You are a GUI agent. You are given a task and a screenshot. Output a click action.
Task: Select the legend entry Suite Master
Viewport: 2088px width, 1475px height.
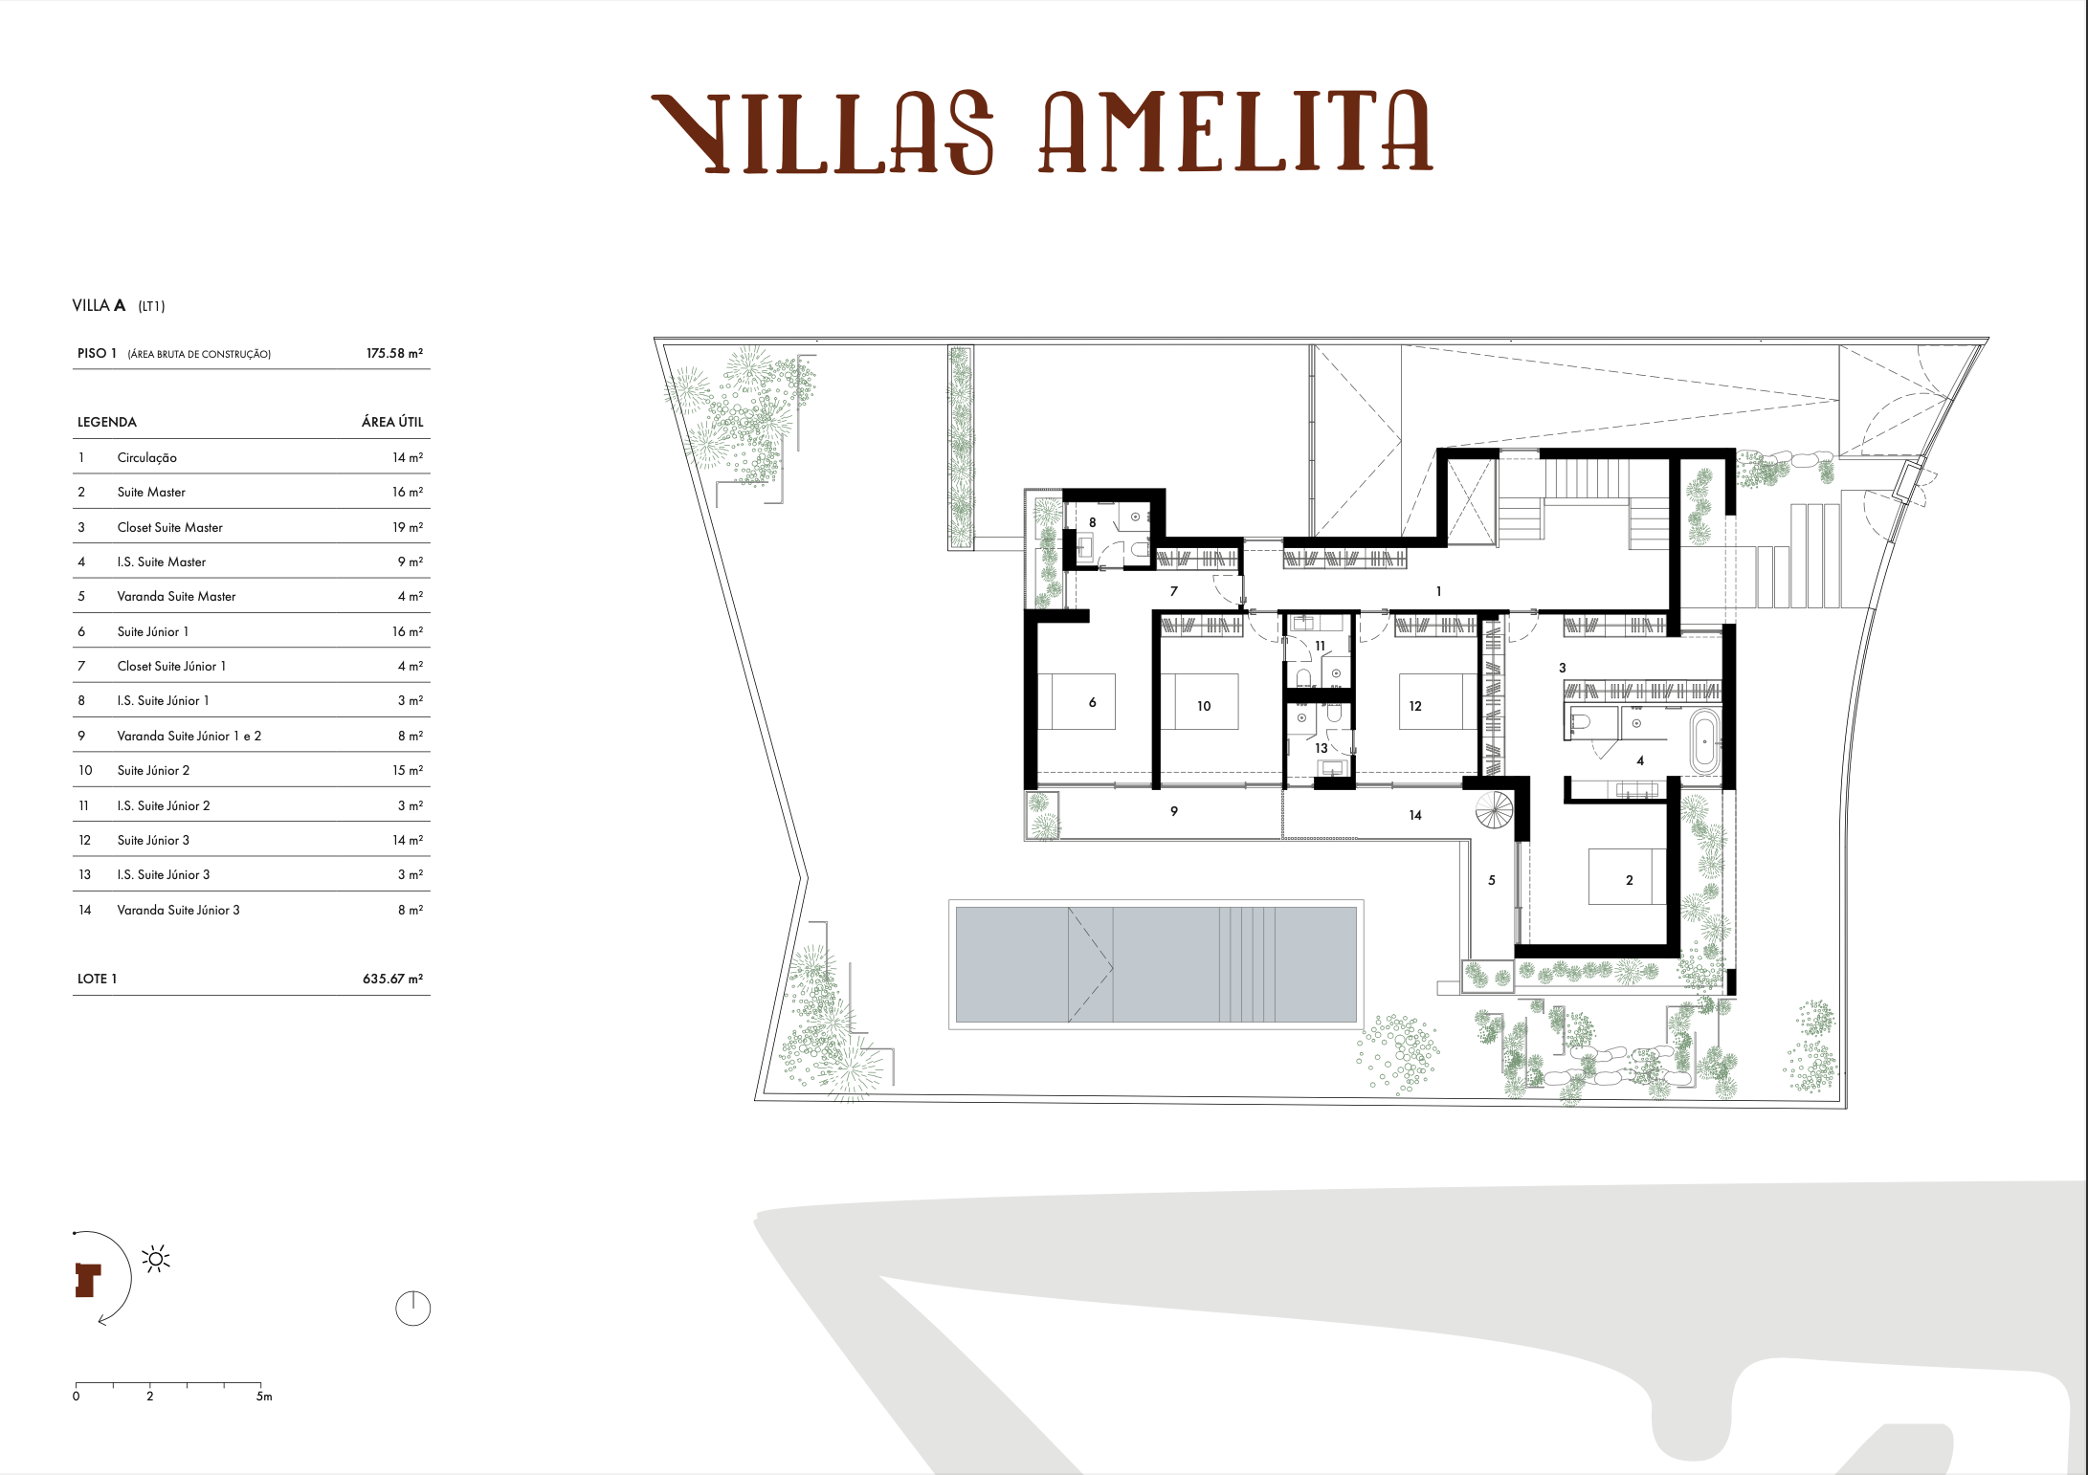coord(151,492)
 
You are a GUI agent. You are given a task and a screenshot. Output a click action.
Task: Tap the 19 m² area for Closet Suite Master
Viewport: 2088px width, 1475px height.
coord(407,527)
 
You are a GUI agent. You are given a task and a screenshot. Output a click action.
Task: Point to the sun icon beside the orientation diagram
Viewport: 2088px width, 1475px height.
coord(156,1259)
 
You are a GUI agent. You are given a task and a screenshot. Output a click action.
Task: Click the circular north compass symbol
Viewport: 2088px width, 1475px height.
coord(412,1308)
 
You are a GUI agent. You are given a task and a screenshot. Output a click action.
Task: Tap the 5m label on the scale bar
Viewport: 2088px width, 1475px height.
coord(264,1397)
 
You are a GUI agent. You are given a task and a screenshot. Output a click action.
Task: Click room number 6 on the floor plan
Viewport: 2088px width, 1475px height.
coord(1092,702)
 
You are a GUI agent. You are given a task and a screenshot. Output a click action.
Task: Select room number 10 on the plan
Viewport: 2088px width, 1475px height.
coord(1204,706)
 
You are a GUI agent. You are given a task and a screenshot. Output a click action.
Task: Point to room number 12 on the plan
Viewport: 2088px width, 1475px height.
coord(1415,706)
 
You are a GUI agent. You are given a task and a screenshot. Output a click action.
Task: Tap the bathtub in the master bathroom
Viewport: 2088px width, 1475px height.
coord(1703,741)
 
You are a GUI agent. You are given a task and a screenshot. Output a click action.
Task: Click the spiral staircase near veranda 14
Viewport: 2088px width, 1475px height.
coord(1494,811)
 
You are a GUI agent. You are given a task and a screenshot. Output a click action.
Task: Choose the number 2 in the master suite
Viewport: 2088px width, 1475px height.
coord(1630,880)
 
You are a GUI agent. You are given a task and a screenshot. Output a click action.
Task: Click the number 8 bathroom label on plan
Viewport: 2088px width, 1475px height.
coord(1092,522)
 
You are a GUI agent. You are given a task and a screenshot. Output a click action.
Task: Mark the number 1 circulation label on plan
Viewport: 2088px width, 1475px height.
coord(1438,591)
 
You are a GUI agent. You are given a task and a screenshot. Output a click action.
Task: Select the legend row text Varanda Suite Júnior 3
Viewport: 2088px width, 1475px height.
coord(178,910)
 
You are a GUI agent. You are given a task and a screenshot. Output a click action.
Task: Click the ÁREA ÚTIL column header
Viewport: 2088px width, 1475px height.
coord(392,422)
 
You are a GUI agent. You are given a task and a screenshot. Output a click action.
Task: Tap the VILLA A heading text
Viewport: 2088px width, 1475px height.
coord(100,305)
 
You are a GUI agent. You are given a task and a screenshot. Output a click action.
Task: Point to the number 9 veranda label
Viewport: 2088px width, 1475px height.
coord(1174,811)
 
